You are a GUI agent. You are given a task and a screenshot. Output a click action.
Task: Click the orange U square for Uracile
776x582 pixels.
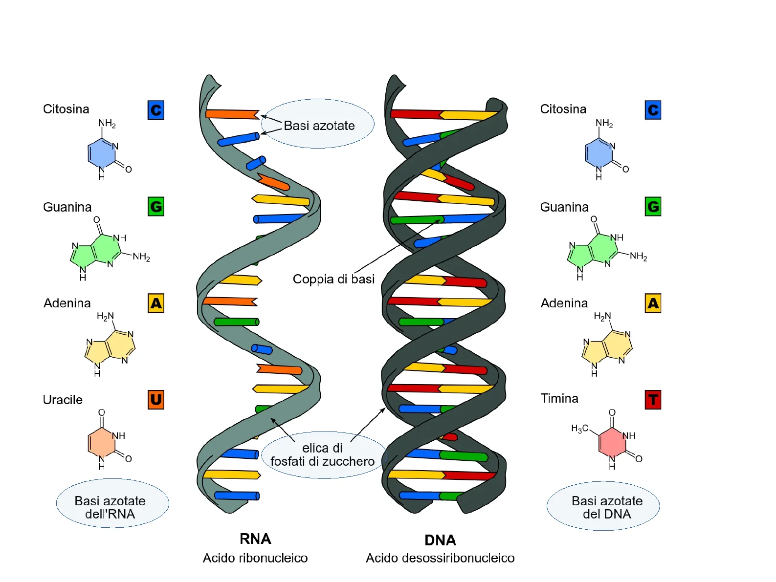coord(156,400)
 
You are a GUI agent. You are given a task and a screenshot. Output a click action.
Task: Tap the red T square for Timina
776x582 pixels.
coord(653,400)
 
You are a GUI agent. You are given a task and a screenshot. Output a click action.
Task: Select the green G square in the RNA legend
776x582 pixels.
coord(156,207)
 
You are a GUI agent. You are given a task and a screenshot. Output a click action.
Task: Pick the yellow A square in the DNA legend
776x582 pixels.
coord(653,303)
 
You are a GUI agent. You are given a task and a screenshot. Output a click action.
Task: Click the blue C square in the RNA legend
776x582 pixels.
coord(156,110)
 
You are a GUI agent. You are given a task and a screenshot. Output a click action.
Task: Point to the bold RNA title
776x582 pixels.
coord(255,539)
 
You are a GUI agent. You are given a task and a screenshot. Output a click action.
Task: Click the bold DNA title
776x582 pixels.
coord(440,540)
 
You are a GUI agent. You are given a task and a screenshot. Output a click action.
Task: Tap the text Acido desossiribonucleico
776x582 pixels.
coord(440,558)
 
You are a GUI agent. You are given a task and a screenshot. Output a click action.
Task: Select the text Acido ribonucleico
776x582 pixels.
coord(255,558)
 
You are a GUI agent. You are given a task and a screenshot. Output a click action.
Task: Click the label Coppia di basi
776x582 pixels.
coord(333,279)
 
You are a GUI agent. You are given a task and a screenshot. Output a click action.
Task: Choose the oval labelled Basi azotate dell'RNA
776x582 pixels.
coord(112,504)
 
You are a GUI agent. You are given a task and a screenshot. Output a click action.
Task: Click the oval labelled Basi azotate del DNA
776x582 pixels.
coord(603,506)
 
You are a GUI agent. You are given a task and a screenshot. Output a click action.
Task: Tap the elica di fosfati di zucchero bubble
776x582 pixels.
coord(323,455)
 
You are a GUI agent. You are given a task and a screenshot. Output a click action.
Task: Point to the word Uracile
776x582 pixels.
coord(63,400)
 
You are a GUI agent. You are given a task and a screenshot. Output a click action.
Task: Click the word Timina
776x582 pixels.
coord(559,398)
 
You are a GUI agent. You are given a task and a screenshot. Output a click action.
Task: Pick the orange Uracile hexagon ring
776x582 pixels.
coord(101,442)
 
